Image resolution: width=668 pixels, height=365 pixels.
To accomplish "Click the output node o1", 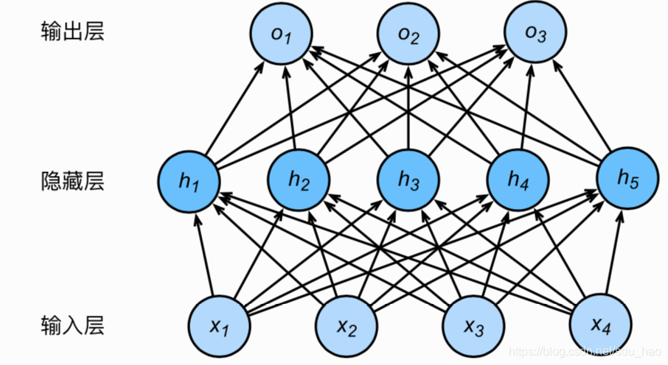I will pos(280,34).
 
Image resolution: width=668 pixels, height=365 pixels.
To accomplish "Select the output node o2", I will pos(408,34).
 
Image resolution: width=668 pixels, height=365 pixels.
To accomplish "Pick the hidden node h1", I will pos(189,179).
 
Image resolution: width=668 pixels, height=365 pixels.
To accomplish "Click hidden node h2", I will pos(299,179).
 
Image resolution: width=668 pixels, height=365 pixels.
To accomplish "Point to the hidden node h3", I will pos(408,179).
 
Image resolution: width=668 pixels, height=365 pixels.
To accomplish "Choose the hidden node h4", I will pos(518,179).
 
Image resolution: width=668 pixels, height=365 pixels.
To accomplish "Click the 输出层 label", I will pos(72,32).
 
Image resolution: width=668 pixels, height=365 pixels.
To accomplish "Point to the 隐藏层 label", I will pos(72,180).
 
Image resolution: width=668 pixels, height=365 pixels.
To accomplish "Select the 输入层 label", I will pos(72,324).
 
